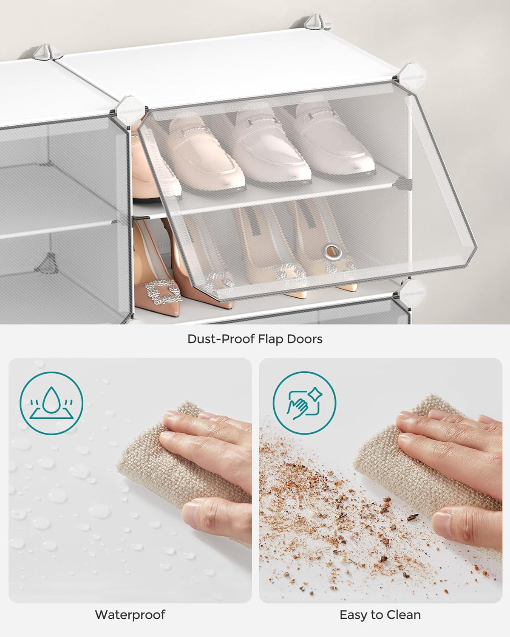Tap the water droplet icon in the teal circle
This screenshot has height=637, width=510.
[51, 403]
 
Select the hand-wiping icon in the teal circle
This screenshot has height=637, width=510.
[305, 403]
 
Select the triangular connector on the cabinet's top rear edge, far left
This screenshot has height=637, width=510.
[45, 52]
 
